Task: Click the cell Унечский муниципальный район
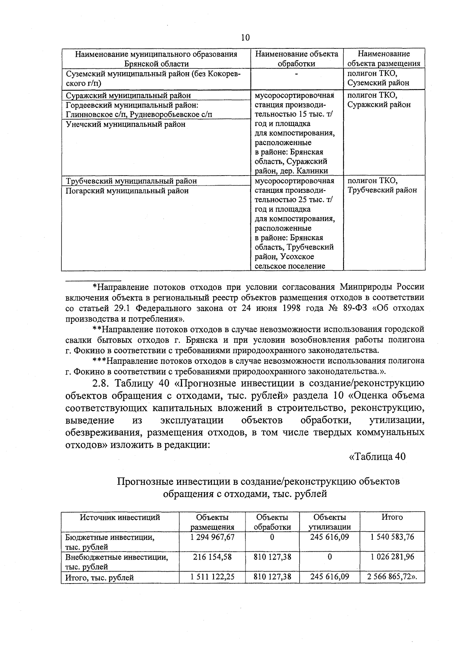click(126, 124)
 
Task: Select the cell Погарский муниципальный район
click(127, 191)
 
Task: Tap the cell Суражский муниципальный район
click(128, 95)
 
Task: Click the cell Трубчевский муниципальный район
click(131, 181)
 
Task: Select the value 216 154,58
click(212, 557)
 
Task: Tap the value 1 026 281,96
click(392, 557)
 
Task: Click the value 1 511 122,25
click(212, 576)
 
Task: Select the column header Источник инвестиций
click(120, 517)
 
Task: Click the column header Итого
click(392, 517)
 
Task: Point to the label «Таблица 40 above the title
click(376, 456)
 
